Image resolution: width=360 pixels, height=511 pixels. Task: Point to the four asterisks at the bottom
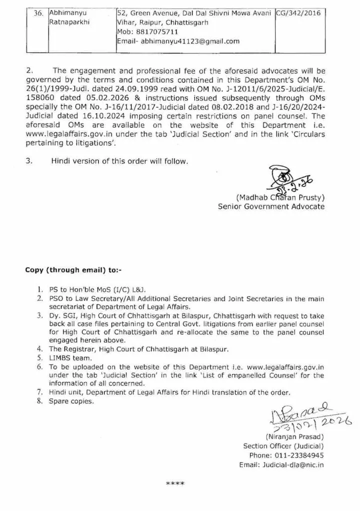pos(175,484)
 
